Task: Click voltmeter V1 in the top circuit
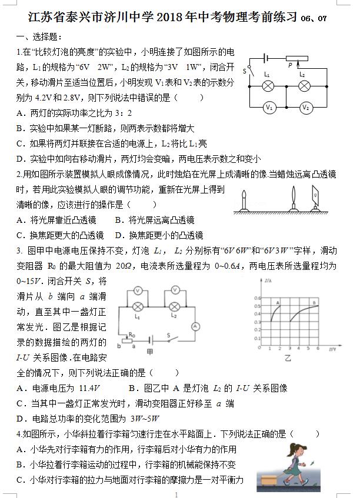click(269, 108)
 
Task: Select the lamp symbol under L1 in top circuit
click(268, 86)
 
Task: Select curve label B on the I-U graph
click(316, 300)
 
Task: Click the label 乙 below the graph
click(288, 356)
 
